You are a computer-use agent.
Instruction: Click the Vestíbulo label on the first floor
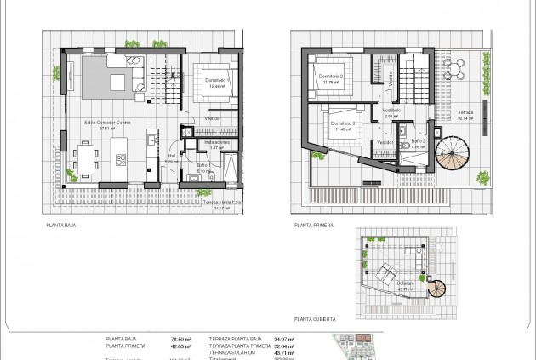point(391,111)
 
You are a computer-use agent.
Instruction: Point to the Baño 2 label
point(418,141)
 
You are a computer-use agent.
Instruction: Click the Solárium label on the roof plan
point(404,283)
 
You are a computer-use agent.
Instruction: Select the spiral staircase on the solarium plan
point(436,289)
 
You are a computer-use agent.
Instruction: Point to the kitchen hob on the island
point(121,158)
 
